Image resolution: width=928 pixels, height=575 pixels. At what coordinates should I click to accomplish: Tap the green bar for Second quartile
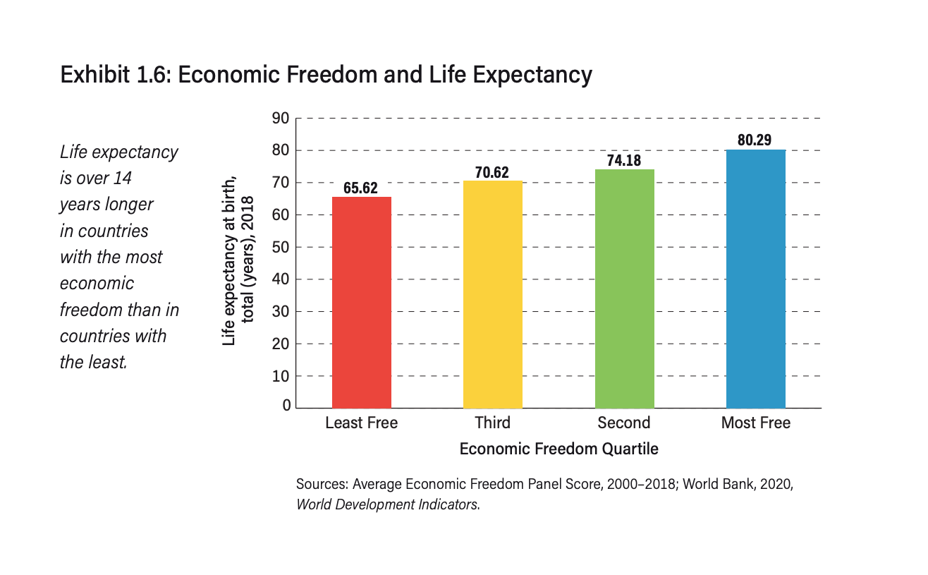624,289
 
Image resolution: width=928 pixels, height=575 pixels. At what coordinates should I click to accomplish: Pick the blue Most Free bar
755,279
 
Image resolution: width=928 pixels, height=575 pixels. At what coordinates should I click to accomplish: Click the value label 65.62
361,188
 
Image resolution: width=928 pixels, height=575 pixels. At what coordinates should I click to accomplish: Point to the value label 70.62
492,172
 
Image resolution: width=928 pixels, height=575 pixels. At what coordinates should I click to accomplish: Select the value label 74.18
624,161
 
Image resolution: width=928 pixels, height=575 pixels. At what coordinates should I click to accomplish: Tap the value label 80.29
755,140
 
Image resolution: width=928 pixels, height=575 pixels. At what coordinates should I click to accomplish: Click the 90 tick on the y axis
281,119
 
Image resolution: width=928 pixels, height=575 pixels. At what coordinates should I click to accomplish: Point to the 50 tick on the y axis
281,248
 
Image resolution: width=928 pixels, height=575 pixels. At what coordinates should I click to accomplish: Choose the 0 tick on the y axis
286,406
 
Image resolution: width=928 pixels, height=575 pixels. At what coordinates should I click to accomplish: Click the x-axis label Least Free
361,423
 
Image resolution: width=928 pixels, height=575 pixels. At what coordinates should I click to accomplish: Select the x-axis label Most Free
755,423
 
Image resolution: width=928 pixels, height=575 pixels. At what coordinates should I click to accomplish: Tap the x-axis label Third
492,423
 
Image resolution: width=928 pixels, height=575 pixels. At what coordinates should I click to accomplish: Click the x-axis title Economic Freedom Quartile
558,449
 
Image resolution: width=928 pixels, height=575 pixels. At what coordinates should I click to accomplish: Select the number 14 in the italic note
122,178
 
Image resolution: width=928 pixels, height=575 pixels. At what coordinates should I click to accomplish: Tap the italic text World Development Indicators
387,504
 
